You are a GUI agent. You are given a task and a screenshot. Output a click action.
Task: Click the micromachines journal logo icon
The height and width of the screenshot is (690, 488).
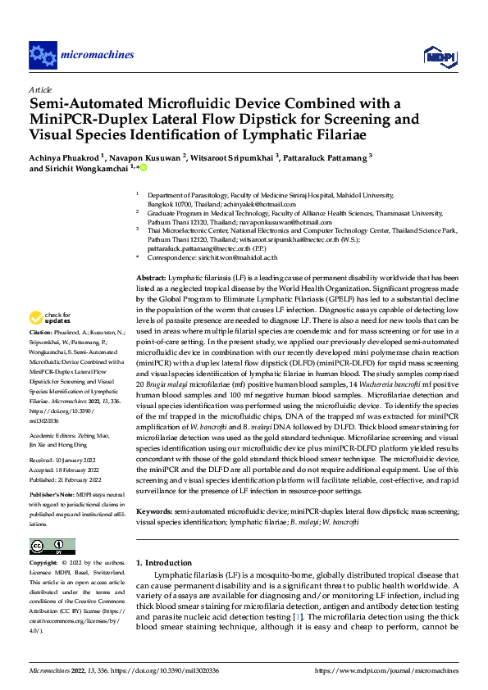coord(43,55)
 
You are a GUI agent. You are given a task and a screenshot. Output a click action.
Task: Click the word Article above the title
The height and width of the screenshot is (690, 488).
coord(40,89)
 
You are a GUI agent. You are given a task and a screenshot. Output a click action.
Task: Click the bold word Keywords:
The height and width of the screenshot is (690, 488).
coord(154,511)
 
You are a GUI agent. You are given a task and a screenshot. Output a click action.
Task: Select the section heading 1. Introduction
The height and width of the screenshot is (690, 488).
coord(163,563)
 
